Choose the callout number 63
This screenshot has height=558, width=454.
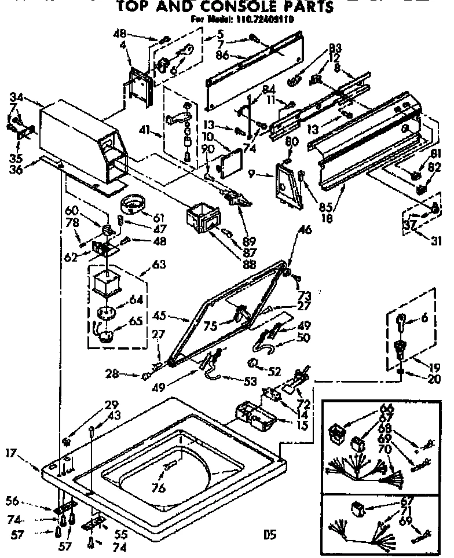tap(158, 264)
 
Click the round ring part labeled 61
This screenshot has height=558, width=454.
tap(133, 204)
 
